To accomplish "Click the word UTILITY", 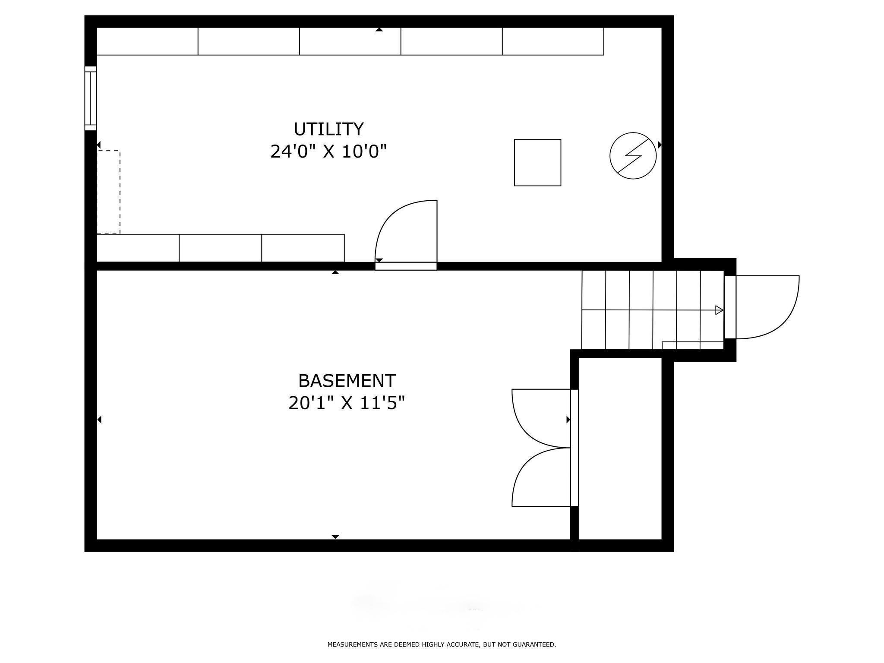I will tap(328, 129).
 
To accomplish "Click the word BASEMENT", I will tap(347, 381).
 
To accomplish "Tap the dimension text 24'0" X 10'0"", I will tap(328, 152).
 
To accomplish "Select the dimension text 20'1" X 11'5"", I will tap(347, 404).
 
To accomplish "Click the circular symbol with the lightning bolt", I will tap(633, 156).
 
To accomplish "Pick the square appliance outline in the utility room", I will tap(537, 163).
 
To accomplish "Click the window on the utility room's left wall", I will tap(91, 98).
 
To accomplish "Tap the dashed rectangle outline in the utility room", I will tap(108, 193).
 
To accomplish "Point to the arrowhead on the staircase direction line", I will tap(719, 310).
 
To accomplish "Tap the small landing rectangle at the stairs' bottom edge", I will tap(692, 345).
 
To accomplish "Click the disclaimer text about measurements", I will tap(442, 644).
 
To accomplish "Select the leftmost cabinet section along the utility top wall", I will tap(147, 41).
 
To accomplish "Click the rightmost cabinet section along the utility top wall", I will tap(553, 41).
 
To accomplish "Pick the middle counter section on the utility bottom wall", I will tap(220, 248).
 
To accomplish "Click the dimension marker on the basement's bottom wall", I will tap(335, 537).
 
